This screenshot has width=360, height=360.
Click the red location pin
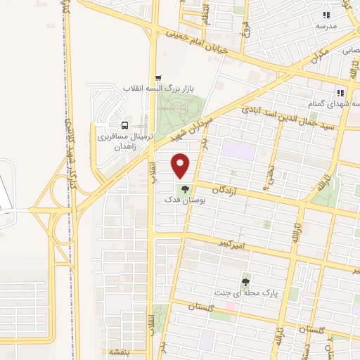click(181, 165)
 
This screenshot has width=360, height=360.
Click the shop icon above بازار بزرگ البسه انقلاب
click(158, 78)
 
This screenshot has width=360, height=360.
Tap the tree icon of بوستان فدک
click(185, 189)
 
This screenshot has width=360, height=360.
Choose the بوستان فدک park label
click(183, 200)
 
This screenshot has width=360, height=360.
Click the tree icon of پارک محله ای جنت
click(245, 281)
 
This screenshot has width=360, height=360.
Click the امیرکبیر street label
click(231, 245)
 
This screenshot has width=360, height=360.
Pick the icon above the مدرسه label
click(326, 15)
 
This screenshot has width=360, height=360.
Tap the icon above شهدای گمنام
click(340, 92)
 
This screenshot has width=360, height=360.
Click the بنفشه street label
click(114, 351)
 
